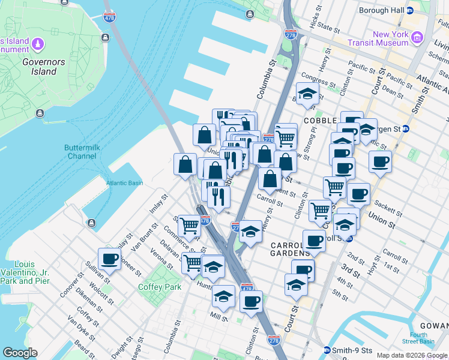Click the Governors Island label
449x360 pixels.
[x=39, y=67]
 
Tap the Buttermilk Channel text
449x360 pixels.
[x=80, y=152]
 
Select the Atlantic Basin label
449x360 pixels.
[x=124, y=183]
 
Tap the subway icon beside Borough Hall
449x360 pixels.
[x=410, y=11]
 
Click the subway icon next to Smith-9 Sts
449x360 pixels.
[x=327, y=350]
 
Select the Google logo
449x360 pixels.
[x=20, y=353]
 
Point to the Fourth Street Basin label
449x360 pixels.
[x=419, y=338]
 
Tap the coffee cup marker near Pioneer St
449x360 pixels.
[x=109, y=259]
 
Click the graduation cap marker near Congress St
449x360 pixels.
[x=307, y=94]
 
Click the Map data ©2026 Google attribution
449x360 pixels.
[x=412, y=355]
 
